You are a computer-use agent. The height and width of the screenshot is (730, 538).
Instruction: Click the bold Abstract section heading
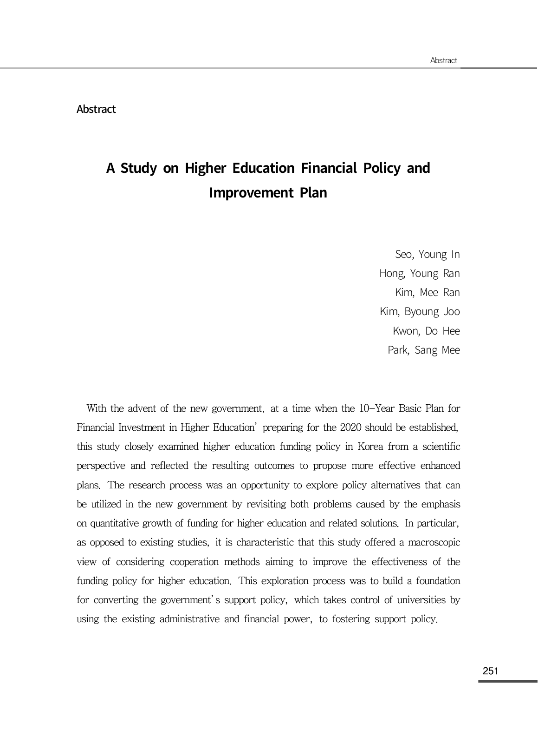(96, 109)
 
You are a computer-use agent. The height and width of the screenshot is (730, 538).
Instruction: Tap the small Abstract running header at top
(443, 60)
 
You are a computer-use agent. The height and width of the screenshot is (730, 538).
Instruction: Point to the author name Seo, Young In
(427, 255)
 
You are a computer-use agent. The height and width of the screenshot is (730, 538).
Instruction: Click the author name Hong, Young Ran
(419, 274)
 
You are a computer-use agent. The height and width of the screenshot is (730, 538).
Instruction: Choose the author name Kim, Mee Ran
(427, 293)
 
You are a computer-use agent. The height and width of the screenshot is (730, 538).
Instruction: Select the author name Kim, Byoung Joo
(420, 312)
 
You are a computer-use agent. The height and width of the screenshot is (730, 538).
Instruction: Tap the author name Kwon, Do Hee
(426, 331)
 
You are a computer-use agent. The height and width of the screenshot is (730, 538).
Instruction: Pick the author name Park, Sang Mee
(423, 350)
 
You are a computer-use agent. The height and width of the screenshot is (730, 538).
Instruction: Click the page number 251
(490, 671)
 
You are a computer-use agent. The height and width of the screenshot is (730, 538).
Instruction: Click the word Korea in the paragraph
(370, 447)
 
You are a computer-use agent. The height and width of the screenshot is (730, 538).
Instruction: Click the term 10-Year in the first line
(376, 409)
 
